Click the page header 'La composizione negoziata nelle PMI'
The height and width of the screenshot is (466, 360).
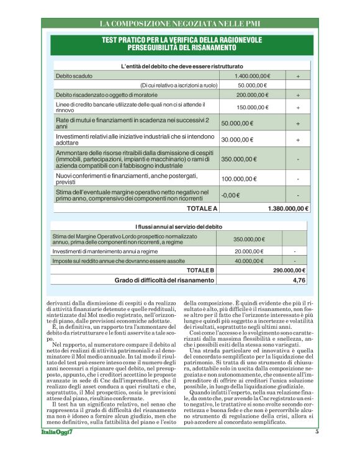coord(181,24)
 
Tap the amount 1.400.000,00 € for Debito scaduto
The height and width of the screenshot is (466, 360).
coord(253,75)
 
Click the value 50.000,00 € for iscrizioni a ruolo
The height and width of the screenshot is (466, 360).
coord(252,85)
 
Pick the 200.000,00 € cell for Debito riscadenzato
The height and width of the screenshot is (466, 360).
coord(253,95)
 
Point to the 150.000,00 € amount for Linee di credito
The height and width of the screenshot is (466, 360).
coord(253,107)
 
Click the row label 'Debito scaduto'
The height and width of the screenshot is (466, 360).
coord(73,75)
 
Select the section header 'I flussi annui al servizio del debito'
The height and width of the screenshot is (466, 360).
coord(181,227)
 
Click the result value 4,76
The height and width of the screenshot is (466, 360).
coord(299,280)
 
